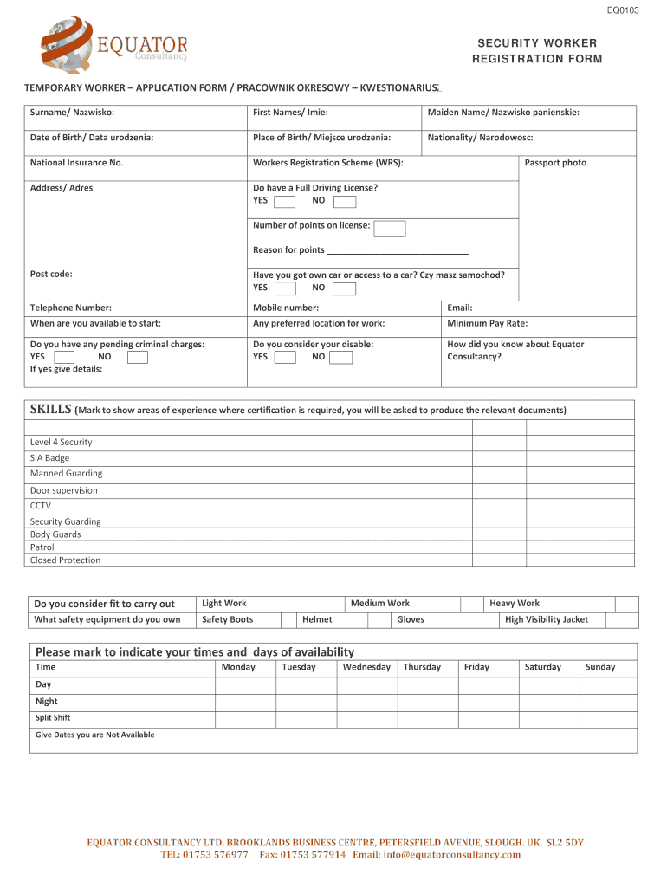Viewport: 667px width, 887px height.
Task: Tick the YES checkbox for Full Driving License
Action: click(x=284, y=202)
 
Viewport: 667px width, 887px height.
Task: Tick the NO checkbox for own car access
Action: click(x=344, y=288)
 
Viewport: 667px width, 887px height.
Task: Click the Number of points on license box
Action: click(x=390, y=229)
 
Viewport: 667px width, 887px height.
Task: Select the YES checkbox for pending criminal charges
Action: click(x=64, y=357)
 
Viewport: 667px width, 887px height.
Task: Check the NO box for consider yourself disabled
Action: click(x=341, y=357)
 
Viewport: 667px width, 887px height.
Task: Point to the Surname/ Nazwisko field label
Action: click(x=72, y=113)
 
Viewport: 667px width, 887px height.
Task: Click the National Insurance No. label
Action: click(x=76, y=163)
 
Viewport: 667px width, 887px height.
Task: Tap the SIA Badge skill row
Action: click(x=50, y=458)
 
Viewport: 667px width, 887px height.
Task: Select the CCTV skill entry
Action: click(x=41, y=506)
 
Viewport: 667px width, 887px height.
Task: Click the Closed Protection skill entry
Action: click(x=65, y=560)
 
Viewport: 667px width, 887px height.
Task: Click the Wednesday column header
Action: click(x=366, y=667)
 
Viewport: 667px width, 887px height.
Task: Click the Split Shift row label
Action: click(x=53, y=718)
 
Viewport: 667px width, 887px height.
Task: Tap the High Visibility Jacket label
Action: click(x=546, y=619)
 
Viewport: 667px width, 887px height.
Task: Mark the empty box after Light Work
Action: click(x=326, y=604)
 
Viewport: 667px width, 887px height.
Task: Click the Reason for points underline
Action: click(x=398, y=251)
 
